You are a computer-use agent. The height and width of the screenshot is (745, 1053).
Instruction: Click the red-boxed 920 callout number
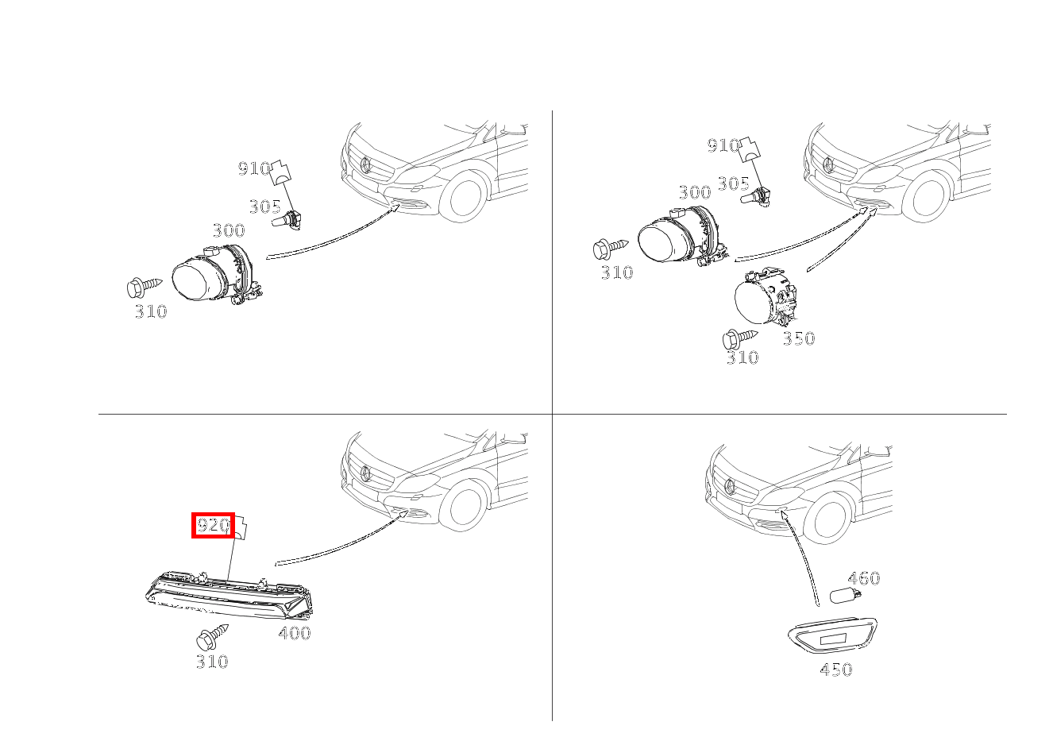click(213, 525)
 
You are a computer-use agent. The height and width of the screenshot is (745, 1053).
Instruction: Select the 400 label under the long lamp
click(295, 633)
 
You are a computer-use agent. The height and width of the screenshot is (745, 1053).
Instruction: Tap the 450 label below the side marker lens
click(836, 670)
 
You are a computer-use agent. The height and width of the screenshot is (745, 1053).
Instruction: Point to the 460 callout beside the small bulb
click(863, 578)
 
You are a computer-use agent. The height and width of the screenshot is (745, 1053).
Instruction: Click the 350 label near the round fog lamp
click(799, 338)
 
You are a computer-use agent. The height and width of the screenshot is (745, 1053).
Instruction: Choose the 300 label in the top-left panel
click(229, 230)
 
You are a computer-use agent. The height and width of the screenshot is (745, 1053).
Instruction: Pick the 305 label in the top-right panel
click(733, 183)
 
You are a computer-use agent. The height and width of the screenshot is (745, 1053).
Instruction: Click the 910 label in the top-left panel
click(254, 168)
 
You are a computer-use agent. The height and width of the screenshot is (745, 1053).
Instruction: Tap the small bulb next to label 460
click(845, 596)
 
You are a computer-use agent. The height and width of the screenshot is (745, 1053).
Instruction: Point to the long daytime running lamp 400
click(229, 595)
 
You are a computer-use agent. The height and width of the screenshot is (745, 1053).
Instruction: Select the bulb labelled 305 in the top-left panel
click(287, 221)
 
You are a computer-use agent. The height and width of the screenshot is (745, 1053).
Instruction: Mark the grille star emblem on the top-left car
click(365, 165)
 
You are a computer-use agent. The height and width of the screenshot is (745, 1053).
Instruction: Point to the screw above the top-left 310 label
click(145, 288)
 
